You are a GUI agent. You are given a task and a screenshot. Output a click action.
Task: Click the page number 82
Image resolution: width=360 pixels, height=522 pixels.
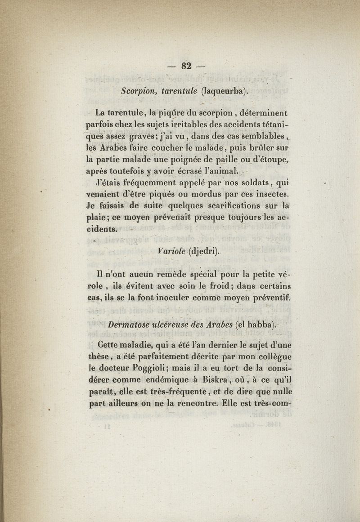[186, 66]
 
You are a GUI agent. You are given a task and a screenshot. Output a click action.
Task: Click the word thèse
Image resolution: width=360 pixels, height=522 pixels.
[99, 357]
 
